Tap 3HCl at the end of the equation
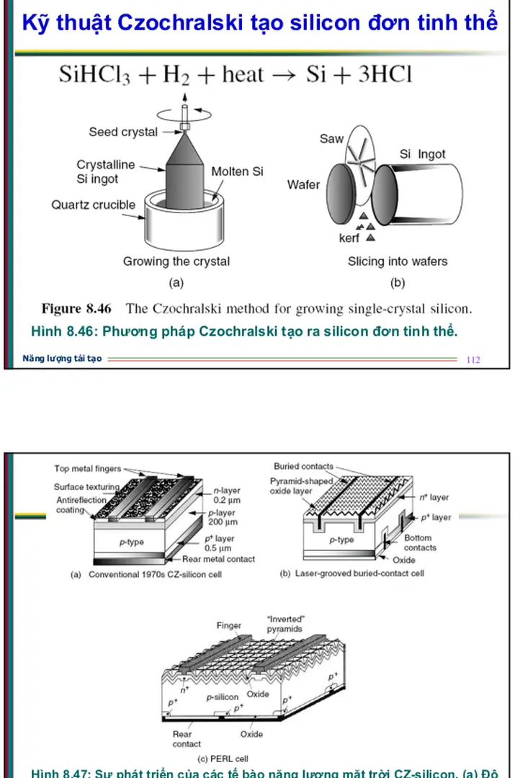380,76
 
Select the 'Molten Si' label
237,171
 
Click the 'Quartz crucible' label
93,205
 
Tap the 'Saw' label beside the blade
331,138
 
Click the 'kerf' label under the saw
349,238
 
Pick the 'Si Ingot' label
422,154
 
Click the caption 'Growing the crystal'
176,261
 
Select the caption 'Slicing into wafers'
398,261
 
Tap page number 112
473,359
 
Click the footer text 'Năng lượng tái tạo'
62,359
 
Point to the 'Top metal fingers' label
88,469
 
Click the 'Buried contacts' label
303,466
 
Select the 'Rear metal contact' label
218,558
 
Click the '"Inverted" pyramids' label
285,624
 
